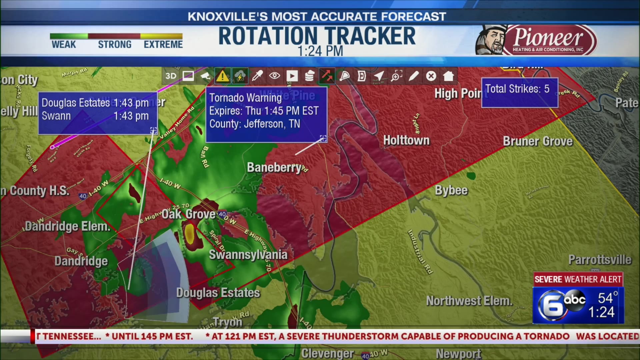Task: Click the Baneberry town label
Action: [274, 167]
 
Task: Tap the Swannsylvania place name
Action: [248, 255]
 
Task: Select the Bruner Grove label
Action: [537, 141]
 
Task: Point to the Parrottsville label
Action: [599, 260]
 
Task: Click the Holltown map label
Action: [406, 140]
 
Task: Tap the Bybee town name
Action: [451, 190]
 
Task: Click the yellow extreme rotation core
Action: [189, 233]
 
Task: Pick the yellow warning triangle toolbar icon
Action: [222, 76]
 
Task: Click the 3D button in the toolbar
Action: [171, 76]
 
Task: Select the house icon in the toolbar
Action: [448, 76]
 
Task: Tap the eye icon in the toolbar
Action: [274, 76]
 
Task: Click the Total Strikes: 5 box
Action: [519, 92]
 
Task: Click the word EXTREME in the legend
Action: [163, 44]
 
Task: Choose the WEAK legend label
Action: [64, 44]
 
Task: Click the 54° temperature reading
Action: [607, 298]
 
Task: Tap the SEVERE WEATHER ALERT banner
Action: [578, 279]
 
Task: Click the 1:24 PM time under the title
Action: [320, 52]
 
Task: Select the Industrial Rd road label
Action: [420, 252]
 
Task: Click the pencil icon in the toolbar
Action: [413, 76]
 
